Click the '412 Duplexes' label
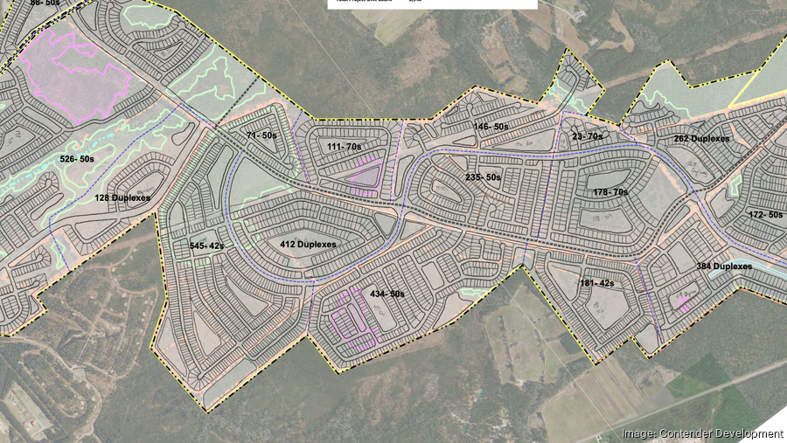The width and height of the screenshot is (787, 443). pyautogui.click(x=307, y=245)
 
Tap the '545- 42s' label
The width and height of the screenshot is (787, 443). pyautogui.click(x=207, y=246)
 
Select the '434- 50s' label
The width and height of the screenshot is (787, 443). pyautogui.click(x=386, y=294)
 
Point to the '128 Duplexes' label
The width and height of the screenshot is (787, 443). pyautogui.click(x=122, y=198)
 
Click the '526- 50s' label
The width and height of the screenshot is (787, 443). pyautogui.click(x=78, y=159)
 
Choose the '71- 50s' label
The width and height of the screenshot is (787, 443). pyautogui.click(x=261, y=136)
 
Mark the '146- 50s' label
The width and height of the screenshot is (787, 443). pyautogui.click(x=491, y=127)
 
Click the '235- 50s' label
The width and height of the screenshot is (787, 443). pyautogui.click(x=483, y=177)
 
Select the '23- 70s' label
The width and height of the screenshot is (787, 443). pyautogui.click(x=587, y=136)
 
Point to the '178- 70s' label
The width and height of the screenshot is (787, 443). pyautogui.click(x=610, y=192)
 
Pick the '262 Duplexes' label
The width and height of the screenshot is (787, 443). pyautogui.click(x=701, y=139)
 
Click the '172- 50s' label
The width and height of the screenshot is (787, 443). pyautogui.click(x=765, y=214)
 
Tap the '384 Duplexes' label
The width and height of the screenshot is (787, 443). pyautogui.click(x=724, y=266)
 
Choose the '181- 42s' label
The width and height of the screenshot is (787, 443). pyautogui.click(x=597, y=283)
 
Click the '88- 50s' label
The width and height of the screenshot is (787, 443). pyautogui.click(x=46, y=3)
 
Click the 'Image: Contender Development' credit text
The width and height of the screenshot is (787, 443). pyautogui.click(x=701, y=433)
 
